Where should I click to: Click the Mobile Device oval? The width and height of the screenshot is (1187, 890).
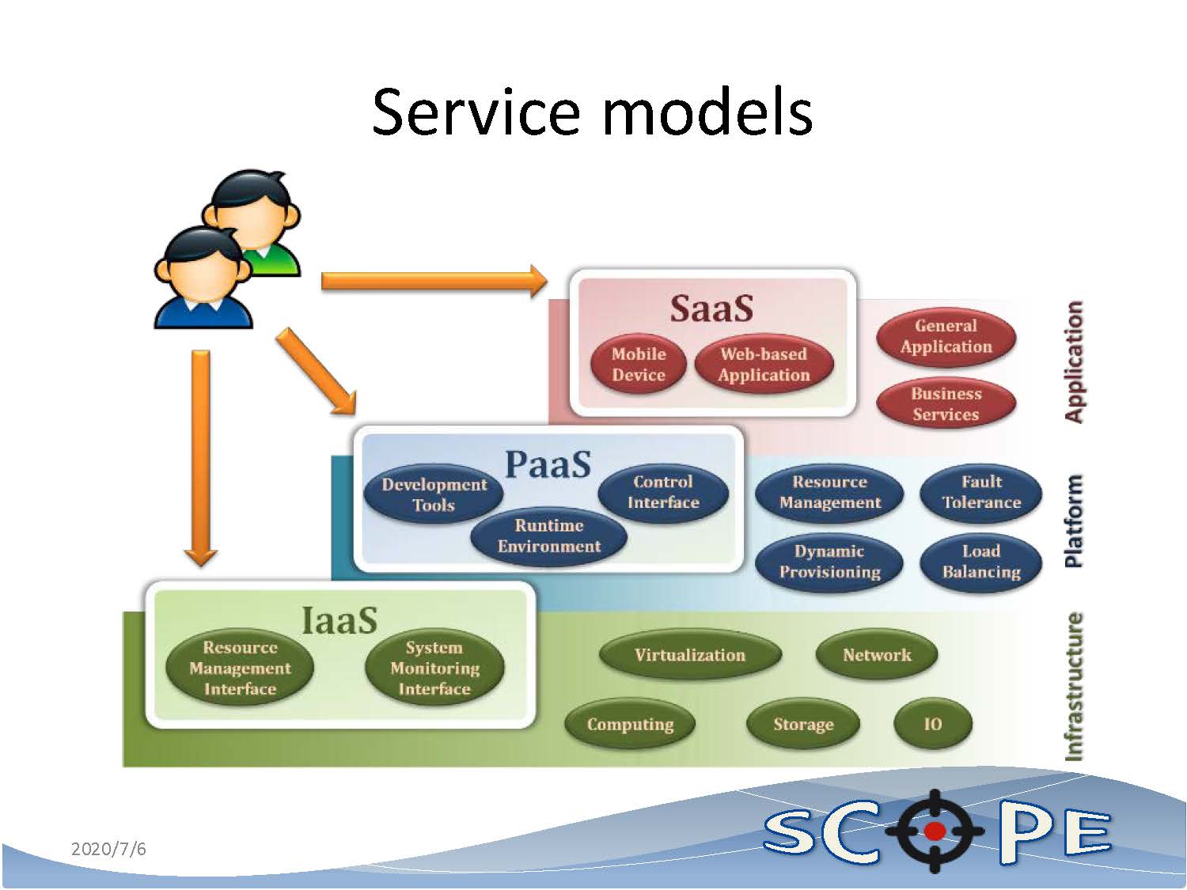(x=639, y=365)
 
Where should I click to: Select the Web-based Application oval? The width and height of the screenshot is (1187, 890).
(x=764, y=365)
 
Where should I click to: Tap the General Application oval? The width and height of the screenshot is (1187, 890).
(x=946, y=336)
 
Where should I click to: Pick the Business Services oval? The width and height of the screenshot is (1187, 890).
(x=946, y=404)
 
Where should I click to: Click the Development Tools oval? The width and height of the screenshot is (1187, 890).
(x=434, y=494)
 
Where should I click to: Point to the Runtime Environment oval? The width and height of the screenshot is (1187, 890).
(x=548, y=536)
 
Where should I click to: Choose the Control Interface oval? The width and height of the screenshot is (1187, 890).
(x=663, y=492)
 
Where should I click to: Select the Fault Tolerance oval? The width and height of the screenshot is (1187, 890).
(x=981, y=492)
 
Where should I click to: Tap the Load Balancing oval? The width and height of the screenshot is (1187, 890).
(x=981, y=562)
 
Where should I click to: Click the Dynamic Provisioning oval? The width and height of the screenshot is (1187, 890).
(x=829, y=562)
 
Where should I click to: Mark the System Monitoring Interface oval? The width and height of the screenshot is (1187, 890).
(x=434, y=668)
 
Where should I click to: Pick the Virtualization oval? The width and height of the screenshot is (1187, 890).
(x=690, y=655)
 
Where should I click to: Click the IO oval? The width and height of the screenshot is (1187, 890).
(x=932, y=724)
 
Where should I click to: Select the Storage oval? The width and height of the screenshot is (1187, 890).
(x=803, y=724)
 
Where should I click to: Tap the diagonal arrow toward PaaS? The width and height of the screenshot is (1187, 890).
(x=316, y=372)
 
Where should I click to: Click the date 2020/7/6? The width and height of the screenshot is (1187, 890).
(x=108, y=850)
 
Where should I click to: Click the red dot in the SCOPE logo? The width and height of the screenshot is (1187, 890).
(x=935, y=831)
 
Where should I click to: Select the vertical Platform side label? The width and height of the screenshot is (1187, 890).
(x=1073, y=521)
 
